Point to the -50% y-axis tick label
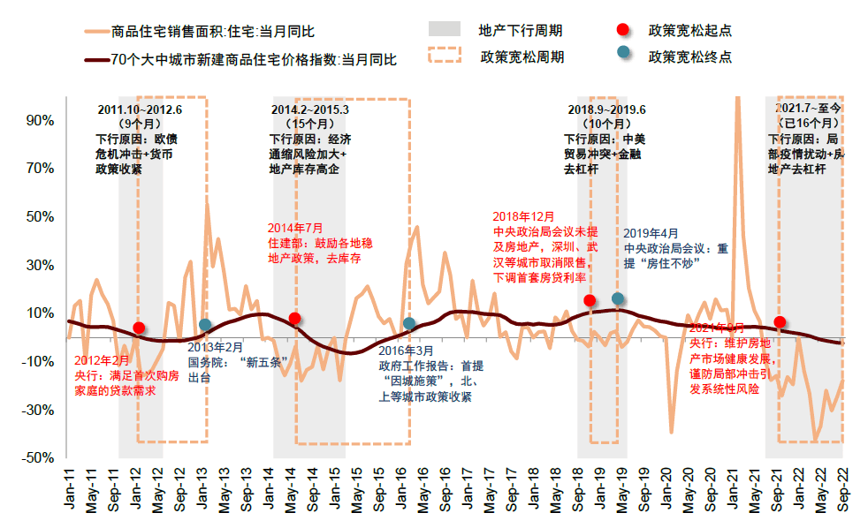pos(40,458)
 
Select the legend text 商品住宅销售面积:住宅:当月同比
pos(213,33)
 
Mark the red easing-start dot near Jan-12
pos(139,328)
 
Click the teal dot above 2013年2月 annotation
pos(205,325)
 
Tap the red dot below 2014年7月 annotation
pos(295,319)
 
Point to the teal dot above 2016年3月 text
pos(409,324)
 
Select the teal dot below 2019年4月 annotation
pos(618,298)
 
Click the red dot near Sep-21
pos(780,322)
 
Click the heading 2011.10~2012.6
pos(140,109)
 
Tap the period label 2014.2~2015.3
pos(309,109)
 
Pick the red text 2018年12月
pos(523,216)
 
